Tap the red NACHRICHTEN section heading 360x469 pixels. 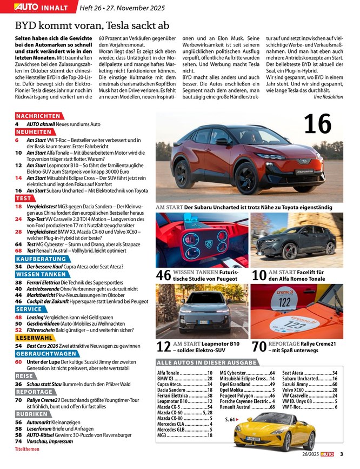click(38, 116)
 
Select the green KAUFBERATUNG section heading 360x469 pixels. click(41, 259)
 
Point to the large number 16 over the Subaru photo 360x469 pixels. click(317, 124)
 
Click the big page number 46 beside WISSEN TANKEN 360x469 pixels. click(163, 275)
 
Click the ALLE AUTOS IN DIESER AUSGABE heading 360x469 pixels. click(206, 362)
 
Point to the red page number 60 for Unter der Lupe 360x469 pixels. click(18, 361)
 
